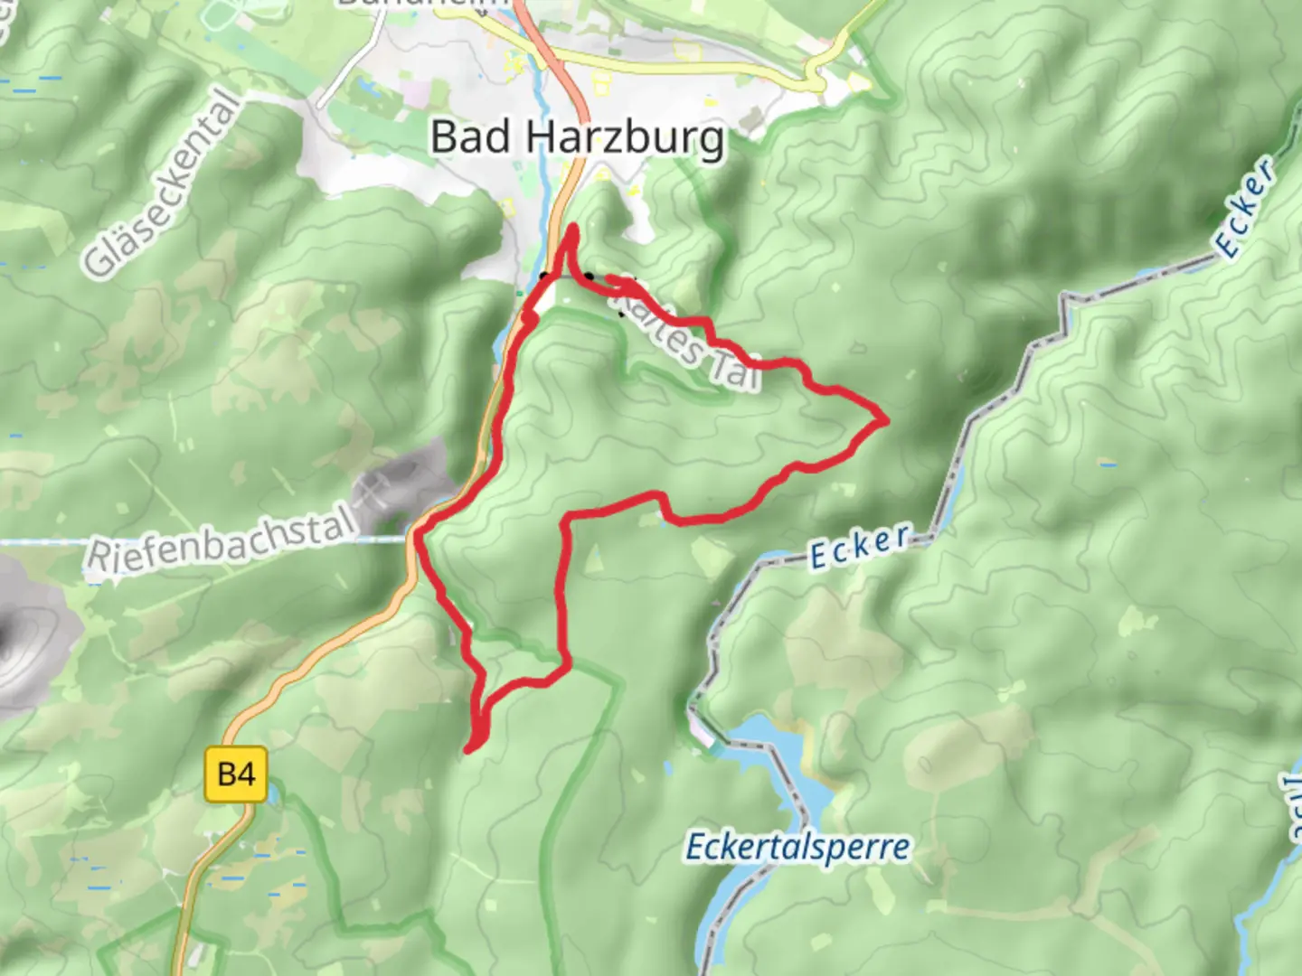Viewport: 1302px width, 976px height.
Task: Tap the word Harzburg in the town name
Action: tap(625, 138)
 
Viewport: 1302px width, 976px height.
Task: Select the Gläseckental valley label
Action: tap(164, 185)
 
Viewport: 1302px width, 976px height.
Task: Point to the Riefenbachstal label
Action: tap(218, 543)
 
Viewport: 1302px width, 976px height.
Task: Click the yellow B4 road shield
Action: tap(236, 774)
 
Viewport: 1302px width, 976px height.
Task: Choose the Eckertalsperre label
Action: tap(798, 848)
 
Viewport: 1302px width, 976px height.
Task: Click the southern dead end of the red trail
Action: tap(468, 749)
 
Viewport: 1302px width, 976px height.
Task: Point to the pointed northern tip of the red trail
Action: tap(572, 227)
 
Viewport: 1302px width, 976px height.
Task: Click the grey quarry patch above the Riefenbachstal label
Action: tap(402, 488)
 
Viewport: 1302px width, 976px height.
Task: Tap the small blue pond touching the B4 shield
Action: tap(269, 793)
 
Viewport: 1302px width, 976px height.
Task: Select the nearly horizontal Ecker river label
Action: tap(859, 546)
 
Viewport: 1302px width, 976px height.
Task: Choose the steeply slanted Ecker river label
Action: tap(1246, 206)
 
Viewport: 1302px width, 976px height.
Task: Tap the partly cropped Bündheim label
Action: tap(425, 4)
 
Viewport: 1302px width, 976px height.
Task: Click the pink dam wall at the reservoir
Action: tap(703, 734)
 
